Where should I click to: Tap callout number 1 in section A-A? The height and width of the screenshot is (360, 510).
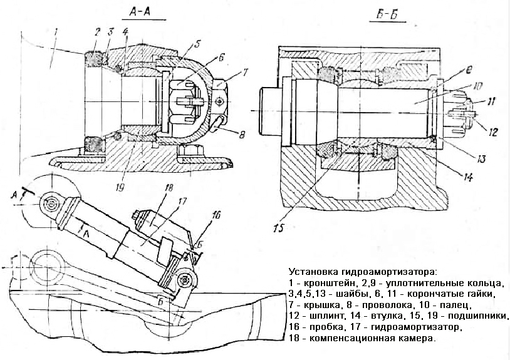point(56,32)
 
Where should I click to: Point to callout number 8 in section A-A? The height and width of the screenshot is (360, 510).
point(241,134)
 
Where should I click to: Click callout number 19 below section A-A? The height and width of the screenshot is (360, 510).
point(120,187)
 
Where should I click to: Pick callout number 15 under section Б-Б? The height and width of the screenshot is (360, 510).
point(279,228)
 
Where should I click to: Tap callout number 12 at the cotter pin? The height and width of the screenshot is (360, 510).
point(494,131)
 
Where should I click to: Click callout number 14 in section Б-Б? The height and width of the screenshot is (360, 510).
point(468,177)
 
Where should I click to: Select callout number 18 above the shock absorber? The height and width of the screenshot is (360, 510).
point(170,188)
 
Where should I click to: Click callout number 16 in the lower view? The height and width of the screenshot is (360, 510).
point(216,215)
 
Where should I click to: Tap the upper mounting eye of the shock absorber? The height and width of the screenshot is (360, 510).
point(51,205)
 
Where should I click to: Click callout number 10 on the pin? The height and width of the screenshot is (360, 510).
point(477,86)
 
